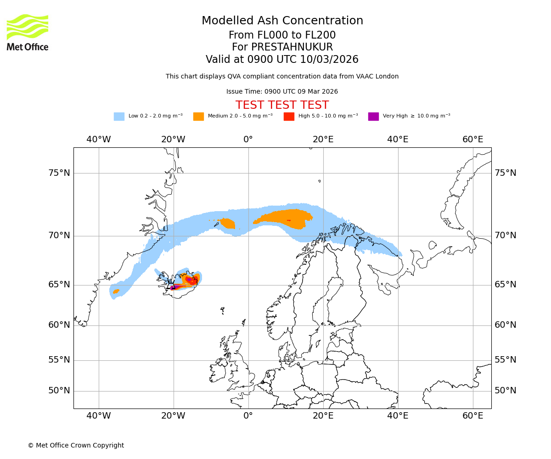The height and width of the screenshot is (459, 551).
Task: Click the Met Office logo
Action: pos(28,32)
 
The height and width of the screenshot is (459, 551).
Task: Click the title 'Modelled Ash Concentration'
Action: pos(282,21)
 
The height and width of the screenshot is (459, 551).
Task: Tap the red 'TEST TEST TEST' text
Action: pos(282,105)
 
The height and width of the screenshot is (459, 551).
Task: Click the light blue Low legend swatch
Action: pos(119,117)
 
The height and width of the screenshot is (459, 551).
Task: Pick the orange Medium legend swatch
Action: pos(198,117)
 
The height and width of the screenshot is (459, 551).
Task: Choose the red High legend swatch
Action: pos(289,117)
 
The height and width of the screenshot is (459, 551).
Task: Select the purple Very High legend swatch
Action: pos(373,117)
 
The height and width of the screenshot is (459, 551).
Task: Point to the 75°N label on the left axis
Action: pos(59,173)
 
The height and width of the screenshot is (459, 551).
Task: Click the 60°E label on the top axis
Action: pos(472,140)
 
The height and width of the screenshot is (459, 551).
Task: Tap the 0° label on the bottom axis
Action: pos(248,416)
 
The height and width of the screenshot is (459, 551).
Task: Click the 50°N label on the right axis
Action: pos(505,391)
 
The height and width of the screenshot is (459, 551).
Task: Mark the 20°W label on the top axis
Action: pos(173,140)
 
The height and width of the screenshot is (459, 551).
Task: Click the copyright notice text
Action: pos(76,445)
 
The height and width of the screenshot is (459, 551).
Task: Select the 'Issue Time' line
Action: pos(282,91)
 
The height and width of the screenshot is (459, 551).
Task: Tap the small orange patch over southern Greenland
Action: pos(116,291)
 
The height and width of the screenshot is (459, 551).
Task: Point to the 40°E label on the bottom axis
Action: pos(398,416)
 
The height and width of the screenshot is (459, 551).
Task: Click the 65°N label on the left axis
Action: pos(59,285)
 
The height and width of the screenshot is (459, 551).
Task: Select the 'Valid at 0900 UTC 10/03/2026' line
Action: pos(282,60)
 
